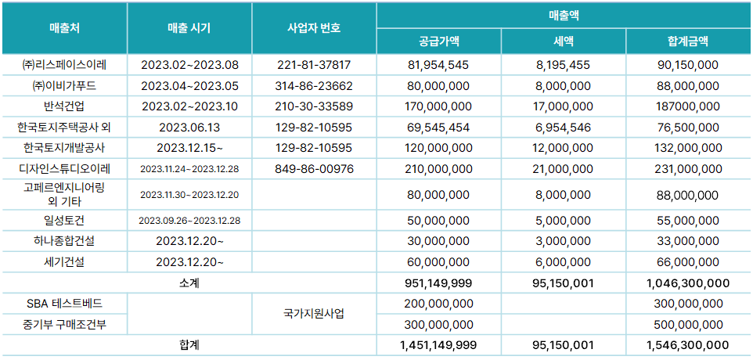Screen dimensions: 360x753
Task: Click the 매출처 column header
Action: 64,28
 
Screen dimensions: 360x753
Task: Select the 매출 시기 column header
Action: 189,28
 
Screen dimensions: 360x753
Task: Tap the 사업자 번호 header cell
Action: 314,28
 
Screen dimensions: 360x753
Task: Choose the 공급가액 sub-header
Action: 438,41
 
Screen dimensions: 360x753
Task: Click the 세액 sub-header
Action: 564,41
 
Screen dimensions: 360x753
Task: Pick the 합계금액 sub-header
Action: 689,41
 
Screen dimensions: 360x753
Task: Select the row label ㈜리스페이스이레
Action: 64,65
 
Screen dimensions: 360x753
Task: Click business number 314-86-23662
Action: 314,85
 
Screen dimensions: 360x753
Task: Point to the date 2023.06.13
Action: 189,127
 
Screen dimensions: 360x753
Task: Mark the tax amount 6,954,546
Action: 564,127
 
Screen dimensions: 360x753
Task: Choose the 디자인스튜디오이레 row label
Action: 64,168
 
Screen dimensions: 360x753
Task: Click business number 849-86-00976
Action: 314,168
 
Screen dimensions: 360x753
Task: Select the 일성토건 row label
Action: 64,221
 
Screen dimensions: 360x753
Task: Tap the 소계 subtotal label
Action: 189,283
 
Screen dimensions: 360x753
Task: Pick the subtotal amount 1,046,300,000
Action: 689,283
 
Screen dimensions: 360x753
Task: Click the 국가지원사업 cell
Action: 314,314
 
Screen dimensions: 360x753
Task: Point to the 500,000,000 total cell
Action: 689,324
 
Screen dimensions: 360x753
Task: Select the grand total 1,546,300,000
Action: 689,344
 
